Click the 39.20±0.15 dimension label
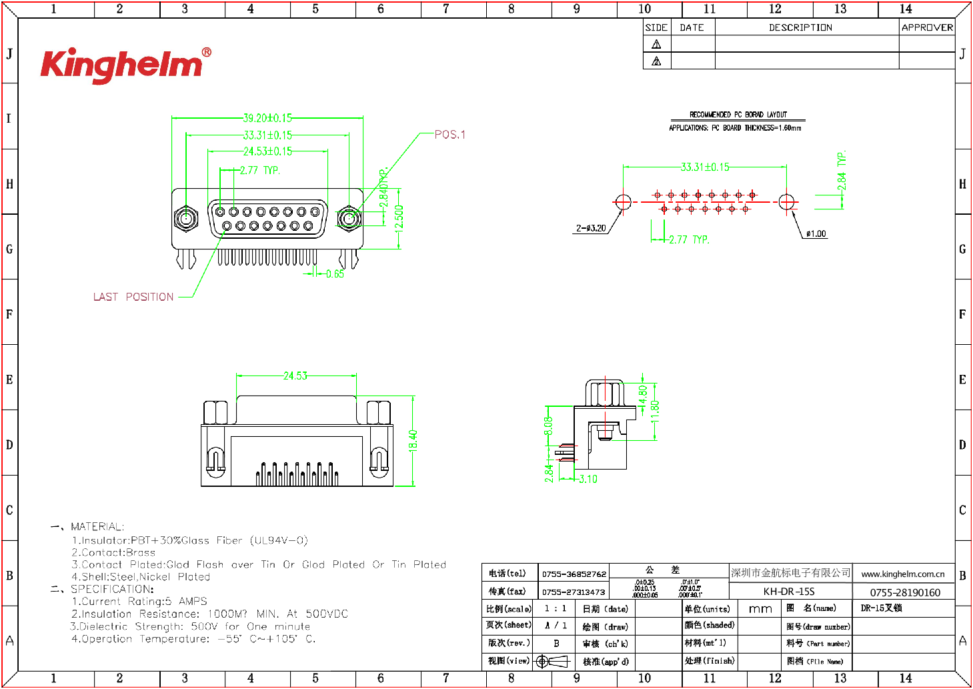coord(267,118)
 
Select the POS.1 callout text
coord(450,135)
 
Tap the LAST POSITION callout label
coord(133,297)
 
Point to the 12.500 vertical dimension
coord(399,217)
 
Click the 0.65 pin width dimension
coord(335,273)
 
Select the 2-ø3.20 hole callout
coord(591,228)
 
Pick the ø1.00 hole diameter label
coord(816,233)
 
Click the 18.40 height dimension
coord(413,440)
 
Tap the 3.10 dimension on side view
coord(588,479)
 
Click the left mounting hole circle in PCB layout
coord(623,201)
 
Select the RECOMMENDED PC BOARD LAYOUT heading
coord(738,115)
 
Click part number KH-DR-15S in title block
coord(789,592)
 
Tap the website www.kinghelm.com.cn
coord(902,574)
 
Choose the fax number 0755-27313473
coord(574,592)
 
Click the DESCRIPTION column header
coord(800,27)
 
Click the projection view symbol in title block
coord(552,661)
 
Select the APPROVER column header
coord(927,27)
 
